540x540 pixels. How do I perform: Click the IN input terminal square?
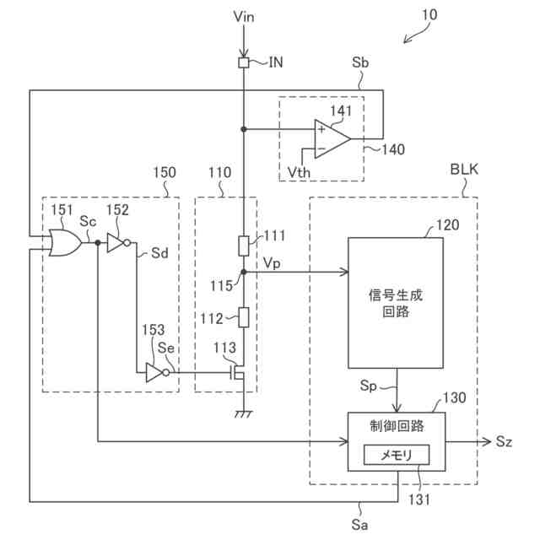(x=244, y=62)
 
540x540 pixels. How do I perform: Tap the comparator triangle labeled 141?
(x=332, y=139)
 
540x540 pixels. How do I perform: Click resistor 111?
(x=244, y=246)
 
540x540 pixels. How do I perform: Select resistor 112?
(x=244, y=317)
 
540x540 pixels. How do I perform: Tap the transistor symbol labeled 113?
(x=238, y=373)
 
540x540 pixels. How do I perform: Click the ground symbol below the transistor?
(x=244, y=414)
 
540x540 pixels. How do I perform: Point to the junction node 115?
(x=244, y=272)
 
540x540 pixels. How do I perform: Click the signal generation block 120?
(x=396, y=303)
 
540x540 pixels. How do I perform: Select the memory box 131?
(x=397, y=455)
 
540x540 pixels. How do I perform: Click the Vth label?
(x=299, y=172)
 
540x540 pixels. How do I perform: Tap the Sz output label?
(x=504, y=441)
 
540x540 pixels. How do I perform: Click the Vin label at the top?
(x=244, y=16)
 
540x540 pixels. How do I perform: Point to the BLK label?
(x=464, y=170)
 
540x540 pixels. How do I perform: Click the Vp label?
(x=272, y=263)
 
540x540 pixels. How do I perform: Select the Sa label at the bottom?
(x=359, y=525)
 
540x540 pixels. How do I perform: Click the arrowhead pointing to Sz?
(x=486, y=441)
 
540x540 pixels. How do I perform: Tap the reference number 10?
(x=429, y=15)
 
